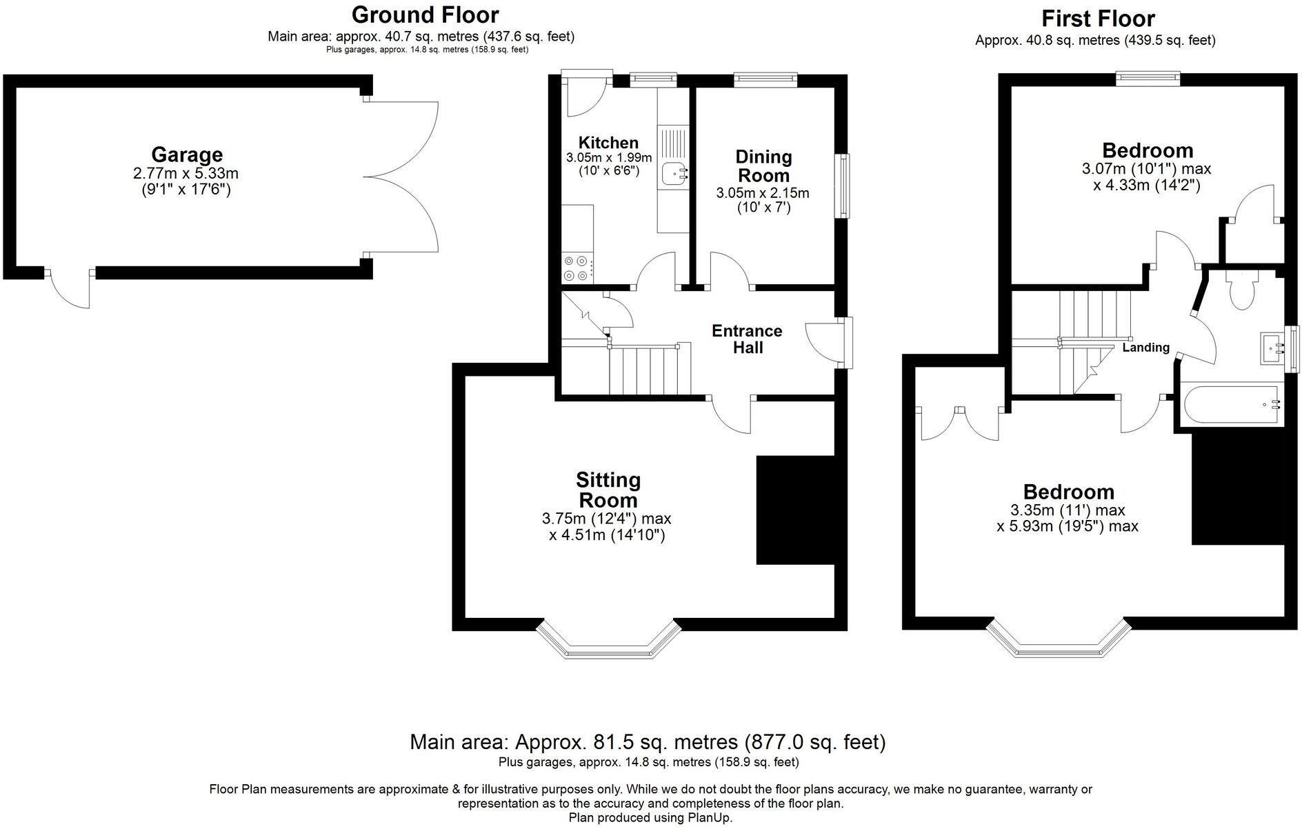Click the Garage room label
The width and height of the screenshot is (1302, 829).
click(187, 154)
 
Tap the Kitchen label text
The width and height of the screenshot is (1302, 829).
click(608, 143)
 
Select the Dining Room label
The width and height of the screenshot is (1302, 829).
click(763, 166)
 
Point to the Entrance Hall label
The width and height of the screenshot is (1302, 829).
click(747, 339)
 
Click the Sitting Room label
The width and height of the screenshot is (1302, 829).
click(608, 489)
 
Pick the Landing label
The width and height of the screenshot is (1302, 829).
click(1146, 347)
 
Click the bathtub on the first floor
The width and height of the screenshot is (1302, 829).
click(1232, 406)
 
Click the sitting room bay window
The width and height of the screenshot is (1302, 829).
click(609, 641)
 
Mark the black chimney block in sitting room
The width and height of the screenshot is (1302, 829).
click(796, 510)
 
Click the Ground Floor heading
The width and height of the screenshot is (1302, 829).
click(425, 14)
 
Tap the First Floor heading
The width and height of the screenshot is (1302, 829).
click(1099, 18)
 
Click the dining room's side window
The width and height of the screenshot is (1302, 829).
click(843, 186)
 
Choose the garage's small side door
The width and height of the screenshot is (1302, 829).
click(69, 288)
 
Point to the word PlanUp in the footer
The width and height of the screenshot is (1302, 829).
click(710, 818)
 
